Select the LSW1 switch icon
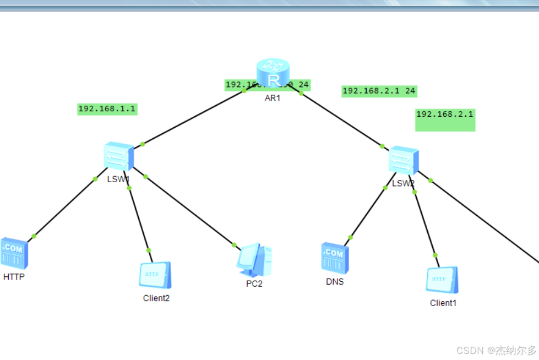(x=118, y=157)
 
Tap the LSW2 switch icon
(x=404, y=161)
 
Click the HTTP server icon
(x=14, y=253)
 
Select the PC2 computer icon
(x=254, y=260)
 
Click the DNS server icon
(x=335, y=257)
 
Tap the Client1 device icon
(x=442, y=280)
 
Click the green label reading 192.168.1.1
(x=107, y=109)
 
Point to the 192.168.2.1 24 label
(x=379, y=91)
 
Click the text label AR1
(x=273, y=97)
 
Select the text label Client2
(x=156, y=298)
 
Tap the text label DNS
(x=335, y=282)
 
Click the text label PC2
(x=254, y=284)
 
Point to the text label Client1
(x=443, y=303)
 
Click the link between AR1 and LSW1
(x=193, y=118)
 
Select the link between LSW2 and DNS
(x=368, y=212)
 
